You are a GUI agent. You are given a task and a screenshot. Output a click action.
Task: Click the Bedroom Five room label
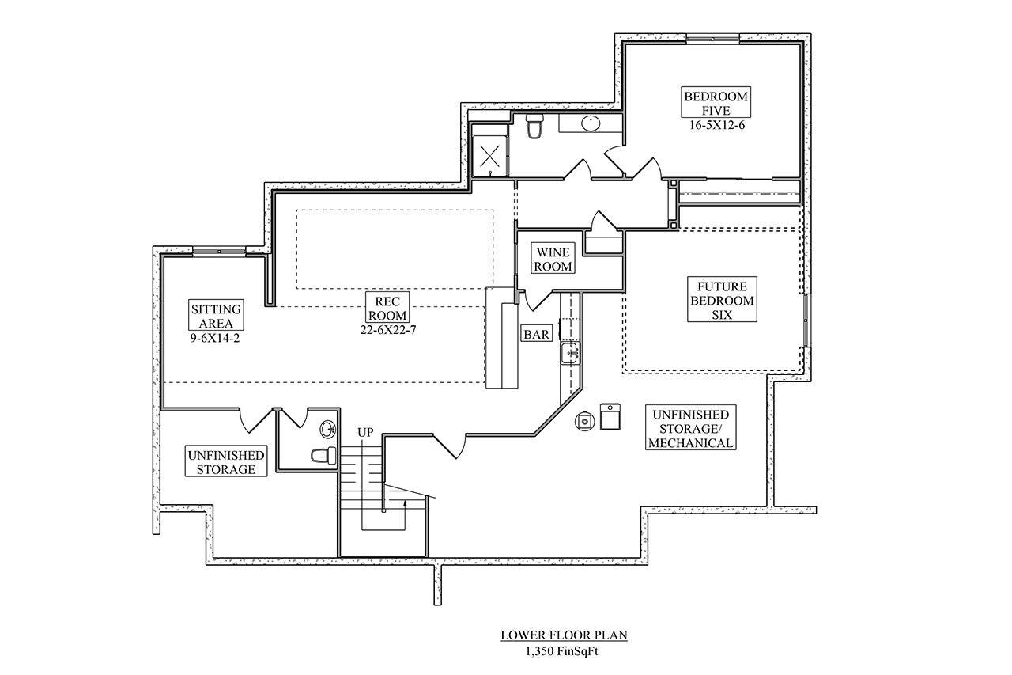coord(716,103)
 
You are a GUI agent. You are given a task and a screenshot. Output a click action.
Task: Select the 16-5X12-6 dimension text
coord(716,124)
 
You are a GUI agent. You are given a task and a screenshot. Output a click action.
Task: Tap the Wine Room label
coord(553,259)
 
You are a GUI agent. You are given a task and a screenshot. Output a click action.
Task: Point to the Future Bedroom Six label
coord(722,300)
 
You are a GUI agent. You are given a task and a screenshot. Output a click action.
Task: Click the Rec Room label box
coord(387,309)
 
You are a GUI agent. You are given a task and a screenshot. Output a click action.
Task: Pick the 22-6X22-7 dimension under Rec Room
coord(387,329)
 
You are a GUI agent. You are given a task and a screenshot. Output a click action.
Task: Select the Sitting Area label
coord(216,314)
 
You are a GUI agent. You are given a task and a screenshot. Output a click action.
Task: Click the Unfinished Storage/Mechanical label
coord(690,428)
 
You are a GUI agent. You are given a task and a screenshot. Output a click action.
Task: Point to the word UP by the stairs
coord(365,433)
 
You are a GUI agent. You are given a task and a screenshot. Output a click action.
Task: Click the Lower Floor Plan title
coord(564,635)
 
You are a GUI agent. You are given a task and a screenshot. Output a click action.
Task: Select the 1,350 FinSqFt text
coord(564,651)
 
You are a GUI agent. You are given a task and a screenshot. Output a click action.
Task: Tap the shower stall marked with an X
coord(489,154)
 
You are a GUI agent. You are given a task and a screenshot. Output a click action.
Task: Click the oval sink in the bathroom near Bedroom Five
coord(590,123)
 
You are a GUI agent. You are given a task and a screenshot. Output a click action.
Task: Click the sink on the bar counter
coord(569,353)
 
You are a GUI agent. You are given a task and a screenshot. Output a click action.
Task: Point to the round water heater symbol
coord(584,420)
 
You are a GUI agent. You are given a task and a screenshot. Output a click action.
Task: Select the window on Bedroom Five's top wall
coord(712,38)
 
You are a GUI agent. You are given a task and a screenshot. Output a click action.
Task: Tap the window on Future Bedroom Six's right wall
coord(806,321)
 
